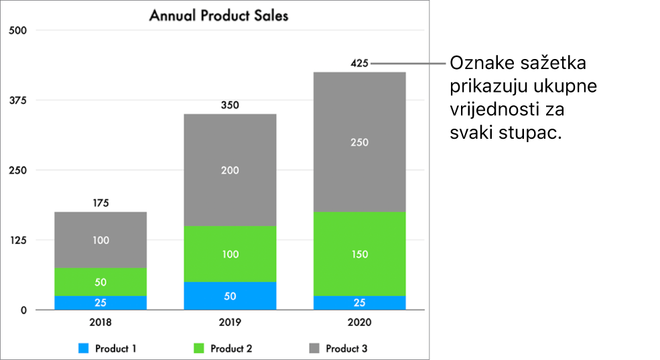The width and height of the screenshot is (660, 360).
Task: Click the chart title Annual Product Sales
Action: (x=218, y=15)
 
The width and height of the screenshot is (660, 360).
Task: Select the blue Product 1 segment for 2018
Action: (x=101, y=302)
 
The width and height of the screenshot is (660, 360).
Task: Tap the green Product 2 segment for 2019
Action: (x=230, y=253)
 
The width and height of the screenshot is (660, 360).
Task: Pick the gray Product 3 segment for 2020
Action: (x=360, y=141)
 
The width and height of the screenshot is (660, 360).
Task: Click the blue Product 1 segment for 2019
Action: (x=230, y=296)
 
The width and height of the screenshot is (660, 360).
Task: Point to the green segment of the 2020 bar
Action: (x=360, y=253)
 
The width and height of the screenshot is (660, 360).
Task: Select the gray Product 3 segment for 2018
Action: (x=101, y=239)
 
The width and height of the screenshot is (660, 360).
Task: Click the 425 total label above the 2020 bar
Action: (x=360, y=64)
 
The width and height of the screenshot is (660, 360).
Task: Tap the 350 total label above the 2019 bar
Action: (x=230, y=105)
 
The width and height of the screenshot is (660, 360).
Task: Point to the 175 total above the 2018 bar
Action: (x=101, y=203)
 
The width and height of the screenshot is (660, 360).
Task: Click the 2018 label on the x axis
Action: (x=101, y=322)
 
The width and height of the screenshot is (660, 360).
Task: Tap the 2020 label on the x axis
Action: (x=360, y=322)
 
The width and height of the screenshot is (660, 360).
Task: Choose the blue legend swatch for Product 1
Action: (x=84, y=349)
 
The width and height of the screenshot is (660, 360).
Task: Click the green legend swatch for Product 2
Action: (x=199, y=349)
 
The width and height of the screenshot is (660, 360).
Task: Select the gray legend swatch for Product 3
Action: (x=314, y=349)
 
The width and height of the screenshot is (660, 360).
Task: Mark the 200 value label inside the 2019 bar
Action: (x=230, y=170)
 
